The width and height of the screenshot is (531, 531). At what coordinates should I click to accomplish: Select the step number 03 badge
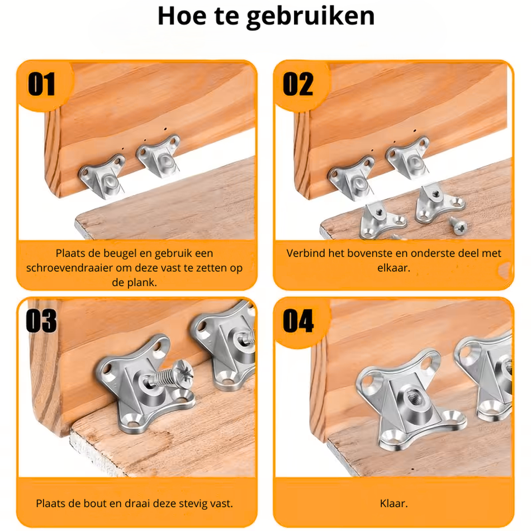(x=42, y=321)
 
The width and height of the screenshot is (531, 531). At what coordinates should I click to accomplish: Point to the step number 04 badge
(x=298, y=321)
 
